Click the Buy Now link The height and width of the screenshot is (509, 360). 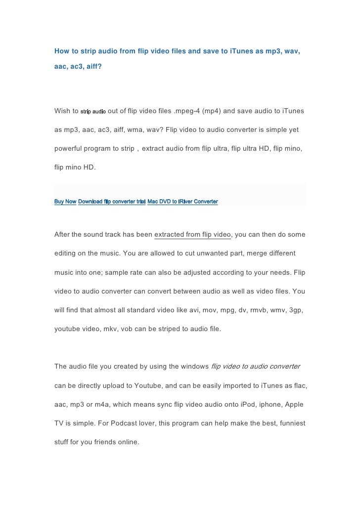(x=65, y=202)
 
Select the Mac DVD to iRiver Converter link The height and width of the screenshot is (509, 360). (x=182, y=202)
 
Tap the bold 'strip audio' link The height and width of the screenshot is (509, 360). (x=92, y=112)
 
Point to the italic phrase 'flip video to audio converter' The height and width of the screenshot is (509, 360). (x=255, y=366)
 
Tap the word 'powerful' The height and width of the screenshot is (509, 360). (x=69, y=148)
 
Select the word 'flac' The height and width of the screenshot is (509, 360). (x=297, y=385)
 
